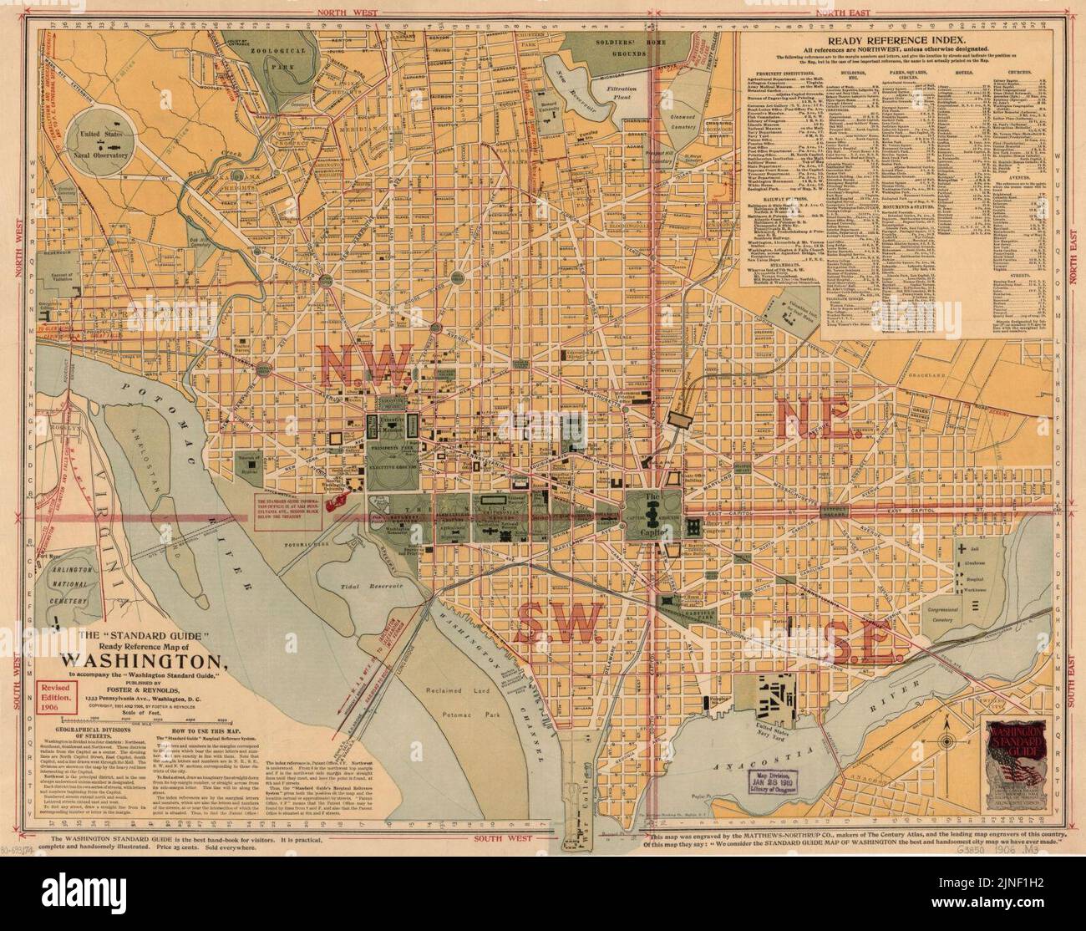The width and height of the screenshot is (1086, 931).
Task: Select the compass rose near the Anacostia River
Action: (x=949, y=739)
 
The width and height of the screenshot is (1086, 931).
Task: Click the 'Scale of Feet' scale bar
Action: (x=163, y=716)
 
